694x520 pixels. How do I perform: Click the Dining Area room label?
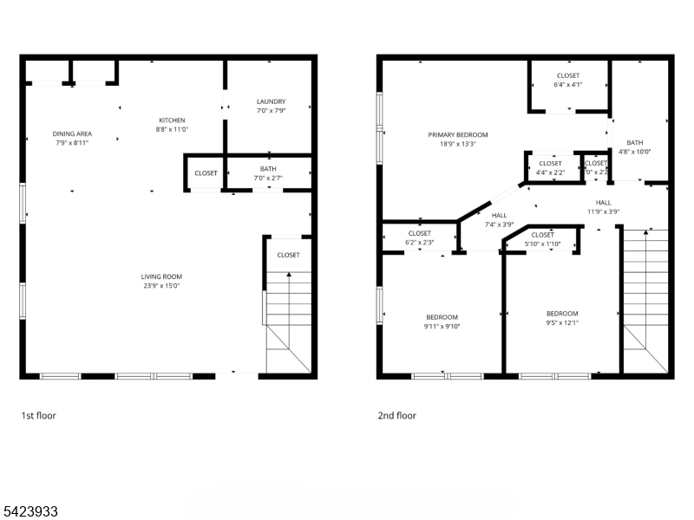click(72, 133)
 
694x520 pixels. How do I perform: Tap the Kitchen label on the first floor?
click(171, 120)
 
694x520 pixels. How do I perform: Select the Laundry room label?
click(271, 101)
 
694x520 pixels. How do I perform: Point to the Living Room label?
click(161, 276)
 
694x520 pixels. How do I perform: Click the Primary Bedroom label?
click(457, 134)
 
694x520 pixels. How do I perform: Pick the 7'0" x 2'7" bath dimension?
click(268, 179)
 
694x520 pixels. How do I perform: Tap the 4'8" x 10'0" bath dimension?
click(635, 152)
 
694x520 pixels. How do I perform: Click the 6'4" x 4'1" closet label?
click(567, 85)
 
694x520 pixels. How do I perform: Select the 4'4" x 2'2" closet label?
click(550, 172)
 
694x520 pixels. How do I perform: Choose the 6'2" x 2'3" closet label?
click(419, 243)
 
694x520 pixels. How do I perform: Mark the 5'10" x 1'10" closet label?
click(542, 244)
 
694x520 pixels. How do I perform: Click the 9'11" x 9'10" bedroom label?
click(442, 327)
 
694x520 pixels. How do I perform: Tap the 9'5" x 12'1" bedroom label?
click(561, 322)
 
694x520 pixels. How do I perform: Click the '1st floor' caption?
click(38, 416)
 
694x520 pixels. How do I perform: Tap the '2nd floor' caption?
click(396, 416)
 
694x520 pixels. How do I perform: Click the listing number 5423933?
click(30, 511)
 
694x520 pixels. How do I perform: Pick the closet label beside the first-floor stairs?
click(288, 255)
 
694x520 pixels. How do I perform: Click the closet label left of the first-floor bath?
click(206, 173)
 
